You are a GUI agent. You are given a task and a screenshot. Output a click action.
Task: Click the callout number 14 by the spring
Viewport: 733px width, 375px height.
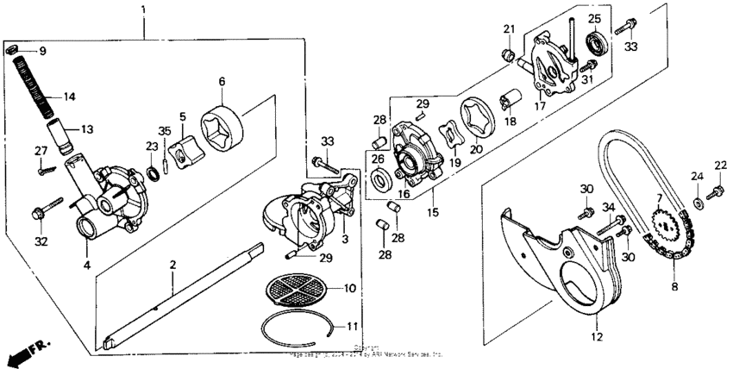coord(70,96)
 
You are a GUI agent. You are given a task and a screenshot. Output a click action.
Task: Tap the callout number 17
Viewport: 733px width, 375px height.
coord(541,107)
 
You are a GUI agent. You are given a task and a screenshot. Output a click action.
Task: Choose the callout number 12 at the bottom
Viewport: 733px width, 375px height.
coord(596,337)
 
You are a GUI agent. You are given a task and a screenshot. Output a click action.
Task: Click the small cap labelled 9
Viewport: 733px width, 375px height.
coord(13,50)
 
